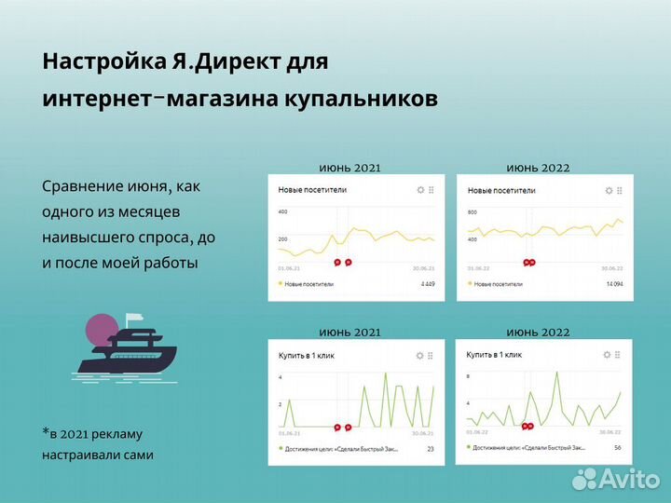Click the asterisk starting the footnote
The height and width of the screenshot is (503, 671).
[45, 432]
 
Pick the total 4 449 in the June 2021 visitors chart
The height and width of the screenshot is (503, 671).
[428, 283]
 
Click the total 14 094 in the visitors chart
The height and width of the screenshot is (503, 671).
[615, 283]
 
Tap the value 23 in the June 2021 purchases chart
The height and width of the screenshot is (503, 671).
[431, 449]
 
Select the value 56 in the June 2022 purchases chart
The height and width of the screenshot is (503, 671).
[616, 447]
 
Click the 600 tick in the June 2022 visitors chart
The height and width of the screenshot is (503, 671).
[472, 212]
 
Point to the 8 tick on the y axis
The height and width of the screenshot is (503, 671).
[468, 376]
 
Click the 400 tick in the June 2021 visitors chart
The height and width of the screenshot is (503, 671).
[282, 211]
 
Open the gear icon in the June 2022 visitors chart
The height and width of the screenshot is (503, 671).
[609, 190]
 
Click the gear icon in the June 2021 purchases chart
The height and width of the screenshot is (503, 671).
[420, 356]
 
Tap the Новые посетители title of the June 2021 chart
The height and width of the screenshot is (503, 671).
[312, 190]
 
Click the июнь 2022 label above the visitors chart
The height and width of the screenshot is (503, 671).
[538, 168]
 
